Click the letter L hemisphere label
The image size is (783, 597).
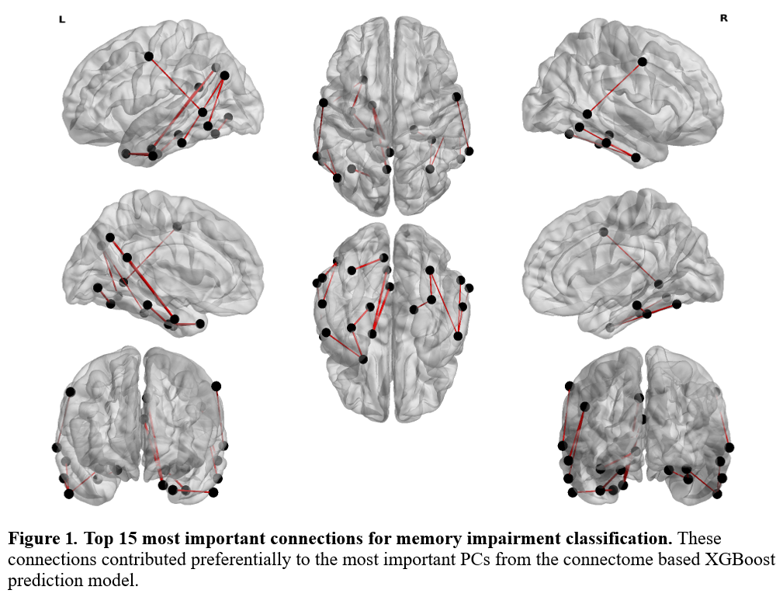coord(62,19)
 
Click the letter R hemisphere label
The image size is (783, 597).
coord(723,18)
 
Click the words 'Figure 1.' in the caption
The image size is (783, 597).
coord(43,538)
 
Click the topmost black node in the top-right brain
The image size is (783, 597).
coord(643,62)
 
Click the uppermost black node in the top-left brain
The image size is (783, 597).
coord(148,56)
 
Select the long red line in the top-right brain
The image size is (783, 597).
coord(615,88)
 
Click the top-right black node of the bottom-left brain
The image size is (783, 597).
coord(216,386)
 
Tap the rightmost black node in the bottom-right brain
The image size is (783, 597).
coord(729,447)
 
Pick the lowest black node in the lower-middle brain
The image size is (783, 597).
coord(362,359)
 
